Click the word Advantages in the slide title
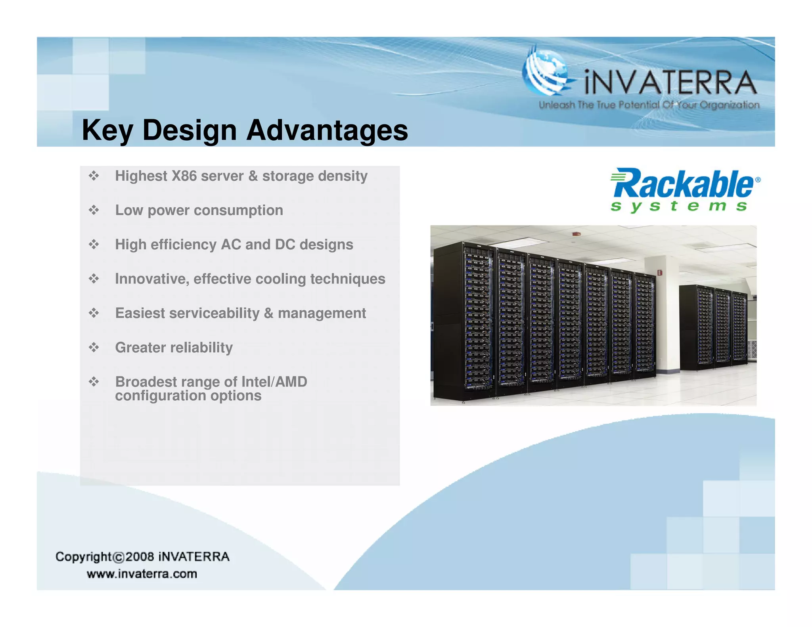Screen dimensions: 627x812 [327, 130]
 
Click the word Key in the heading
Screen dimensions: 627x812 [106, 130]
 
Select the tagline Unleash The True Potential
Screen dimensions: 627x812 [649, 105]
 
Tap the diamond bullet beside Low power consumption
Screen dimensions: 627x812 [94, 210]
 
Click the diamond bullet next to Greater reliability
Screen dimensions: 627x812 [94, 348]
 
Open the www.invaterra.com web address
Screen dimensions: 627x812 [142, 574]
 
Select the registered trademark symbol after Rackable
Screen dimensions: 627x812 [758, 180]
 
